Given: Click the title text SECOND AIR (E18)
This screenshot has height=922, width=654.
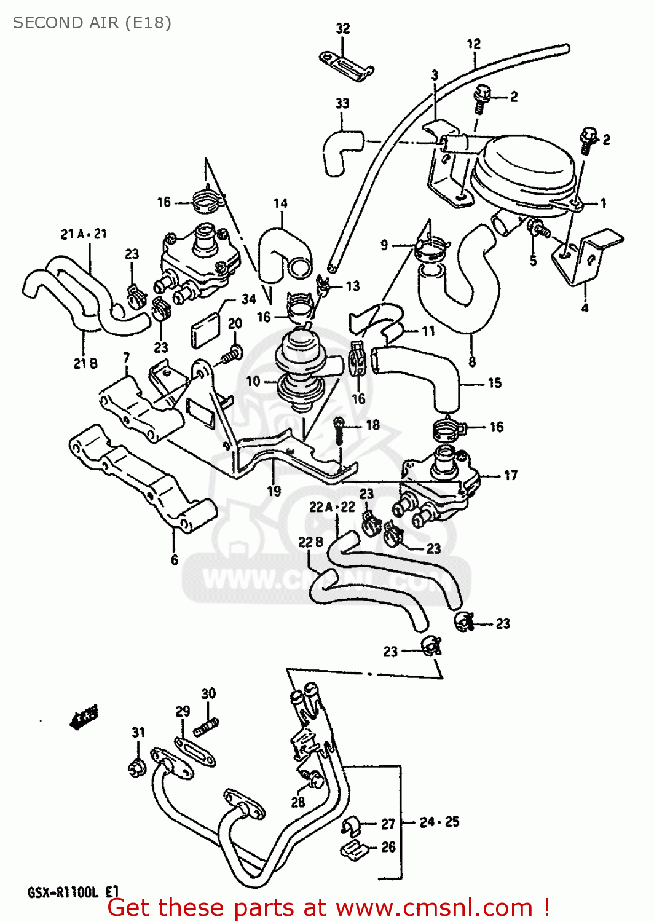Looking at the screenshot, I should click(x=92, y=23).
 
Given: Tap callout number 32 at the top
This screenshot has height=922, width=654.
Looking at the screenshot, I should click(x=342, y=28).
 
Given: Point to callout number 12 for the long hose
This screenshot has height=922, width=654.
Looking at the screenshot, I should click(x=473, y=44).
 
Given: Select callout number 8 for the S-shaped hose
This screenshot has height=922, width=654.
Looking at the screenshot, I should click(x=471, y=361).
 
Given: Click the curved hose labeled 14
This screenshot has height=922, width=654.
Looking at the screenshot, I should click(x=280, y=252).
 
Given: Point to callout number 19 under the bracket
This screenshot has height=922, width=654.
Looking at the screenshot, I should click(x=274, y=491).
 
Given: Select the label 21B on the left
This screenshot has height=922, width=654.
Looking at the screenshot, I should click(x=85, y=363).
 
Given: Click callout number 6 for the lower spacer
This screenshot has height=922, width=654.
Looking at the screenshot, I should click(x=175, y=559).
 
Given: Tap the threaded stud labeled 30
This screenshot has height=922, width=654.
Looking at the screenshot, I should click(x=207, y=727).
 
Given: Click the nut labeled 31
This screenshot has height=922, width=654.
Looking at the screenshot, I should click(x=138, y=767).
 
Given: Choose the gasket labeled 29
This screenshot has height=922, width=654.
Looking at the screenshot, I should click(x=195, y=752).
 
